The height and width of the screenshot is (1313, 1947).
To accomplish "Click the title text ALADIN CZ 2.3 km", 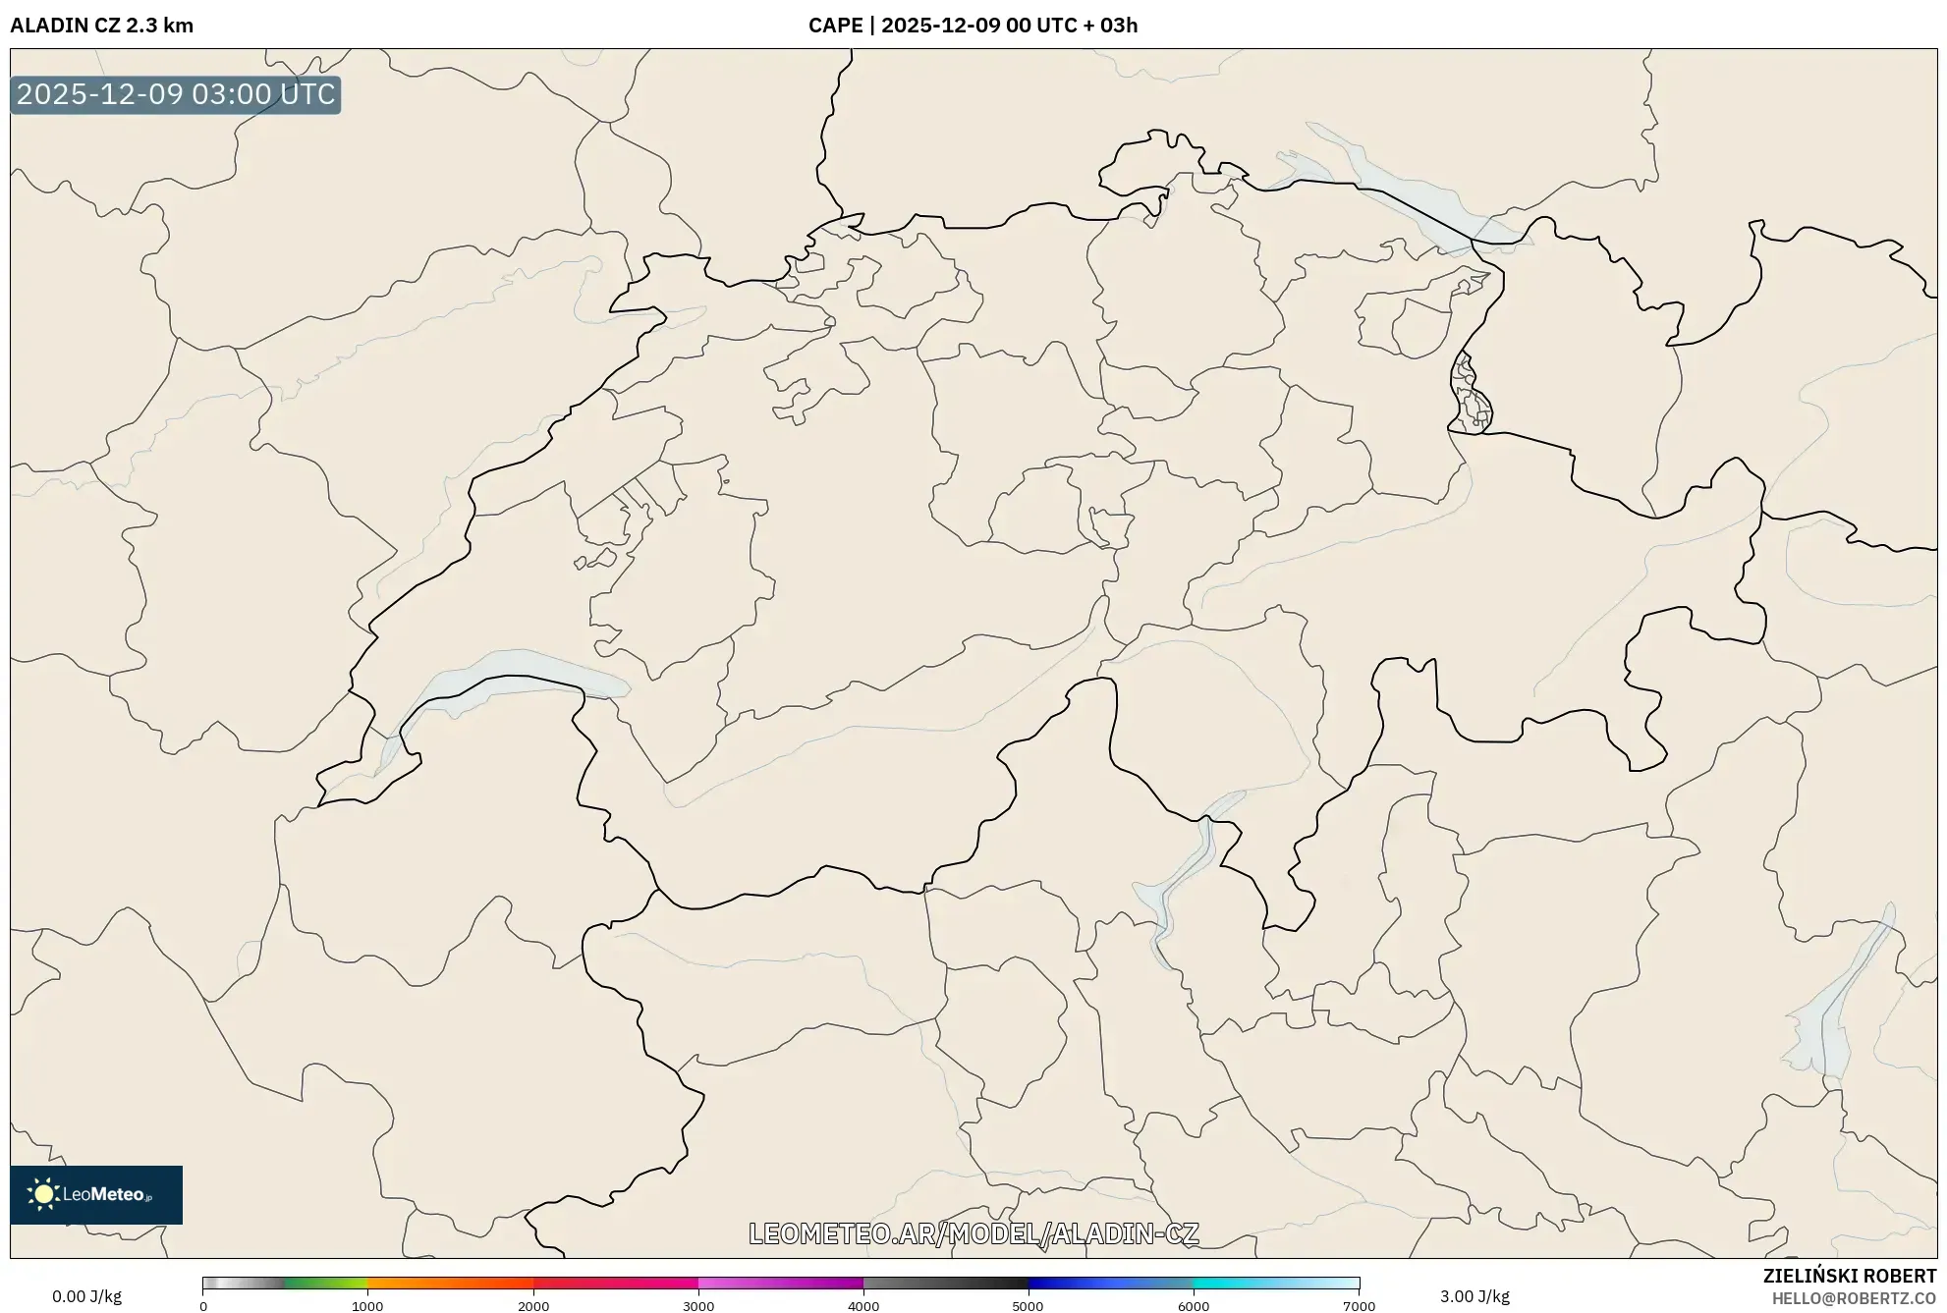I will pos(101,26).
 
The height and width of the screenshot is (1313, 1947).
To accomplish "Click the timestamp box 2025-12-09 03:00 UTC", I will pos(176,94).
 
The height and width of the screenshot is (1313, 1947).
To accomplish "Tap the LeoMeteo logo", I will pos(96,1194).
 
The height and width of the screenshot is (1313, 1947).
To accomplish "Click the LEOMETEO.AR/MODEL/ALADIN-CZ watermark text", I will pos(973,1233).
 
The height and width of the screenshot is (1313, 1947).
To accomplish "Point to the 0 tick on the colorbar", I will pos(203,1306).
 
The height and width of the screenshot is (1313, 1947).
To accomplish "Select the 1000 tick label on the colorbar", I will pos(367,1306).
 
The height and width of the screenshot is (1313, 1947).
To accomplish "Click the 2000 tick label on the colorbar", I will pos(533,1306).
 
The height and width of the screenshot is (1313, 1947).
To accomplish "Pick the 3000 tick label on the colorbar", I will pos(698,1306).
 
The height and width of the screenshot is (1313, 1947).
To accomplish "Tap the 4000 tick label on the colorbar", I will pos(863,1306).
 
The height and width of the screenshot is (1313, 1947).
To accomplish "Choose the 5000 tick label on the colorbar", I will pos(1028,1306).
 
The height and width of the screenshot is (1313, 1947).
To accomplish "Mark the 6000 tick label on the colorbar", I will pos(1194,1306).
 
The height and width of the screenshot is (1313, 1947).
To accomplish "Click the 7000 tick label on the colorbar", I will pos(1359,1306).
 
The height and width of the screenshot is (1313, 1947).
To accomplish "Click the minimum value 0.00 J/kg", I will pos(87,1296).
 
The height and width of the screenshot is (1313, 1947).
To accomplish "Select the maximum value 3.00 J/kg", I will pos(1474,1296).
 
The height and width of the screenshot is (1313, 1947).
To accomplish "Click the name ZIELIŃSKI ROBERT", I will pos(1849,1276).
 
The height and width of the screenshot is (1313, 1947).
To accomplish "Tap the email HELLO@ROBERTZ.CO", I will pos(1854,1298).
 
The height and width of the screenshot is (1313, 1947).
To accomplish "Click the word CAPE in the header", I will pos(835,26).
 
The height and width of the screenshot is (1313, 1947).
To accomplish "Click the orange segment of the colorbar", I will pos(422,1284).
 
